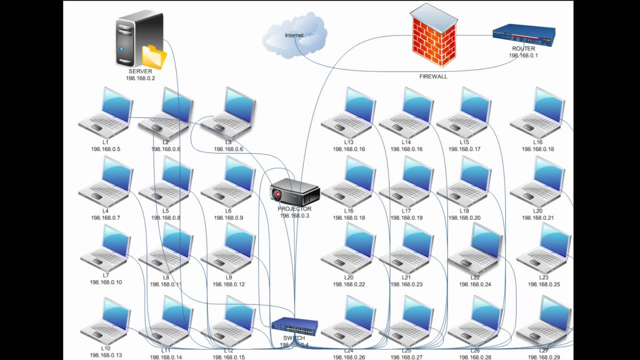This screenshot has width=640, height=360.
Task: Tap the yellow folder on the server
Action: [154, 57]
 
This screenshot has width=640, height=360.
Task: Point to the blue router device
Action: [523, 35]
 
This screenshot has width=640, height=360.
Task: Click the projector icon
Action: [294, 192]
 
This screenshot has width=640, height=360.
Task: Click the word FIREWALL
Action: [433, 76]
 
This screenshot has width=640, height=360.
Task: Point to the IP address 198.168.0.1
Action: [523, 55]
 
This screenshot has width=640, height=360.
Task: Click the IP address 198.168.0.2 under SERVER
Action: [140, 78]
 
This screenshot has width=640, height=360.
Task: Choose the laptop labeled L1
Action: [106, 113]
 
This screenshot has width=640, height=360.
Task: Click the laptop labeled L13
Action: [348, 113]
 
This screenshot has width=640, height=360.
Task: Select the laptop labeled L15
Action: [464, 113]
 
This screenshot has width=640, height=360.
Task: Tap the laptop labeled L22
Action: [475, 249]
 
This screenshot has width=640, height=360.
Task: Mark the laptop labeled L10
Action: [106, 321]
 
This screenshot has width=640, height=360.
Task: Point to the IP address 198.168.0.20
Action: [464, 218]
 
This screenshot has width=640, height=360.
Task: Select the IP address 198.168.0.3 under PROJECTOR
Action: [294, 215]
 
